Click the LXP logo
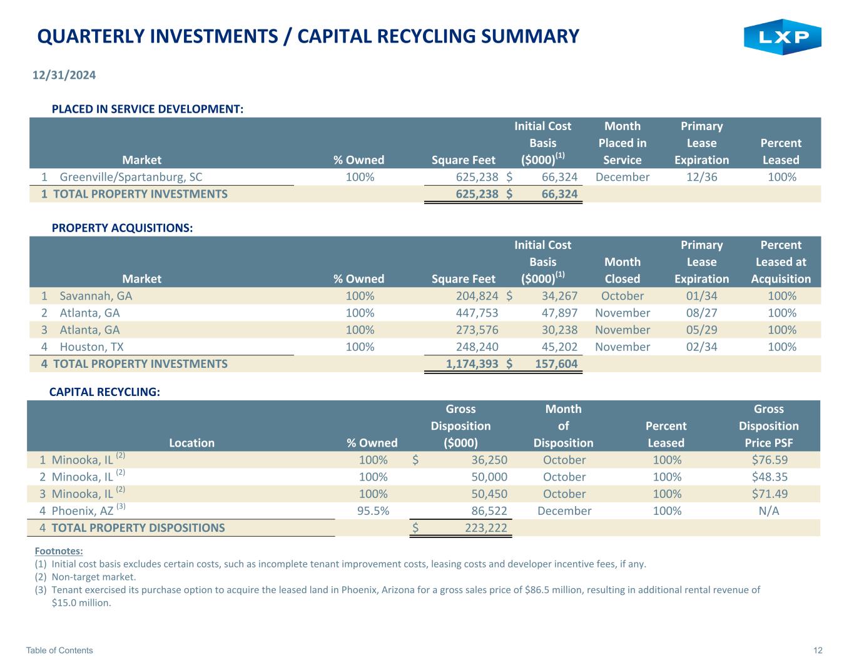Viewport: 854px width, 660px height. point(782,37)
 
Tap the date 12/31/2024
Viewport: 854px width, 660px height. point(64,75)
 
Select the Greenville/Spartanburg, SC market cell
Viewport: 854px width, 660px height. point(131,177)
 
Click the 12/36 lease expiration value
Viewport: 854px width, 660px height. point(701,177)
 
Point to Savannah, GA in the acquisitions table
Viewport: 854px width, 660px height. point(96,296)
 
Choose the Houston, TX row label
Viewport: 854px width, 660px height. point(91,347)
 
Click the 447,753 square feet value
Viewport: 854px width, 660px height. point(477,313)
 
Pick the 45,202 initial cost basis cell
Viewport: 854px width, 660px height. point(560,347)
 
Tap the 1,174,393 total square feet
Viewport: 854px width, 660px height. point(472,364)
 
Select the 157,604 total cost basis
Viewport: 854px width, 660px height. point(556,364)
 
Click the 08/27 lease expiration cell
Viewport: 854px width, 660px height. point(701,313)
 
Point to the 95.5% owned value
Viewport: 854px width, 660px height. point(373,510)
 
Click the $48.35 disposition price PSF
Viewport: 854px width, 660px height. point(770,477)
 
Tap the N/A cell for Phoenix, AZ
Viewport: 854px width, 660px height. point(769,510)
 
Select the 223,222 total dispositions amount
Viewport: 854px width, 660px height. point(486,528)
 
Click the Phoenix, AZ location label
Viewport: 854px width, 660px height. point(83,510)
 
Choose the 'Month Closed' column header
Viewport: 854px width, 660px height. point(623,270)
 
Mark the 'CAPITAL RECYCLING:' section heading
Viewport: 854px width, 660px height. point(104,392)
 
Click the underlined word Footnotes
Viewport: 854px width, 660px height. point(59,551)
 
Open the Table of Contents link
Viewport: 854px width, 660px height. point(59,650)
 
